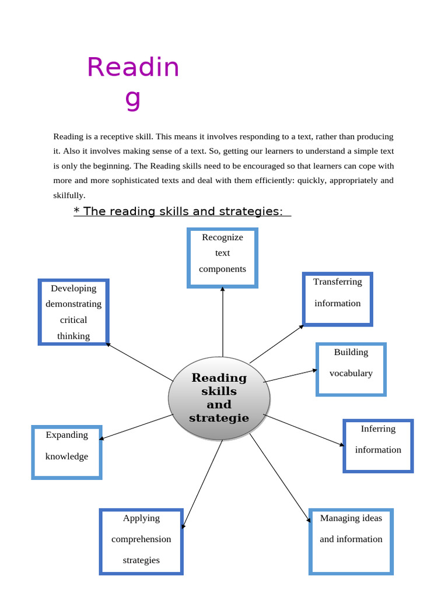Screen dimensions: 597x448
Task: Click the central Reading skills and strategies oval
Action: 219,398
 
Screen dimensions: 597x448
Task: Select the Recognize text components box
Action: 222,258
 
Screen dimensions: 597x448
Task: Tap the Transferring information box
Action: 337,298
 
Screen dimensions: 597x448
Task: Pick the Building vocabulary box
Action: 351,369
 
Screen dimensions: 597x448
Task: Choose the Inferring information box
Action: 377,445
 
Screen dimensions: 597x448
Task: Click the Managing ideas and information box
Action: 351,540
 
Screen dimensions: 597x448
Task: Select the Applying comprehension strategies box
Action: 141,542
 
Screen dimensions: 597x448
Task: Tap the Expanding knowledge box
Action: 66,452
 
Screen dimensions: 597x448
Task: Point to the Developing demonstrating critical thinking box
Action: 73,312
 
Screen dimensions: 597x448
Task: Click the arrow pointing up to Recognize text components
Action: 222,321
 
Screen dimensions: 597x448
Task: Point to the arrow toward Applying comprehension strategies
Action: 202,484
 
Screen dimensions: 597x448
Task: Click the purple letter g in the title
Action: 133,99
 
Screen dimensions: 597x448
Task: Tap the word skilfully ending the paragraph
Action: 69,195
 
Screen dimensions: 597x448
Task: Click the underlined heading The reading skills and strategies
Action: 182,211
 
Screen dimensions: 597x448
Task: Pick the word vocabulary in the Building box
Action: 351,373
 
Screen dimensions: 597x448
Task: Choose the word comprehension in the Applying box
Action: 141,539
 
